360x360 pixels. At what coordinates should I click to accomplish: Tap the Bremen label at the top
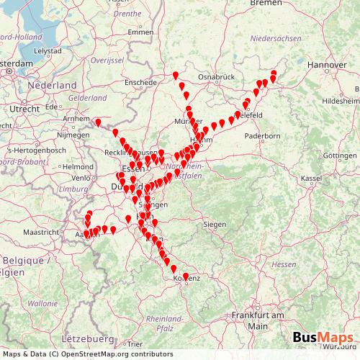265,4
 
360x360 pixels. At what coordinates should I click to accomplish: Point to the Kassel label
310,178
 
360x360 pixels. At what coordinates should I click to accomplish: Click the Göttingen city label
339,156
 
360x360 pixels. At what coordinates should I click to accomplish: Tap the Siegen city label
214,225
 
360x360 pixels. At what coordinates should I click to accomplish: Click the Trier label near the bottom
134,344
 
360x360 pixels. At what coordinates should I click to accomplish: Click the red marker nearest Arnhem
99,123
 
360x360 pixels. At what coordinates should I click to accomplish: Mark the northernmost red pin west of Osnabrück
176,75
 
